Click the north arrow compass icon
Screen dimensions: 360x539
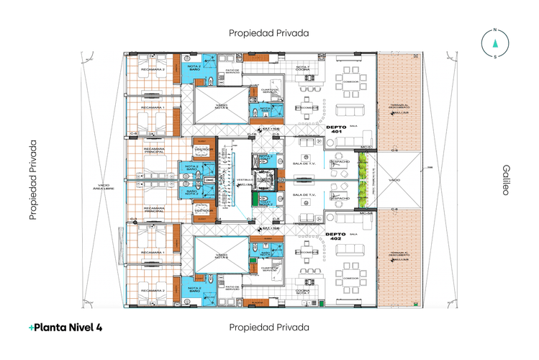click(x=494, y=42)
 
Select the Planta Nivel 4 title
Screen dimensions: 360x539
click(x=65, y=327)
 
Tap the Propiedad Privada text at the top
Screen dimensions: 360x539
click(x=269, y=33)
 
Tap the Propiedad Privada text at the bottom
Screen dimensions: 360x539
click(x=269, y=327)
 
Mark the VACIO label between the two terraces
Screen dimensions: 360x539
click(x=394, y=180)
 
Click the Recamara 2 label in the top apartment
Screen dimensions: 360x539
click(x=153, y=70)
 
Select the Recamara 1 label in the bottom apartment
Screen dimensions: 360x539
click(x=153, y=253)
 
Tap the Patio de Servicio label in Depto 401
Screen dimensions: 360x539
click(x=232, y=72)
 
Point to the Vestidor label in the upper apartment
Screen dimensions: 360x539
click(x=201, y=149)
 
